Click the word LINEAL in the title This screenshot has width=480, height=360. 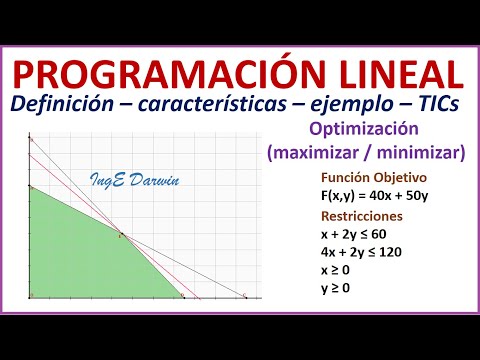point(394,73)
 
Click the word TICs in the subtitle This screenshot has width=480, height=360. point(440,106)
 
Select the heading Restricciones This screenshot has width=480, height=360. point(361,216)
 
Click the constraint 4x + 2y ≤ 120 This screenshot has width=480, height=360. point(363,252)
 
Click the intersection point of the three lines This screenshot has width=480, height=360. point(121,235)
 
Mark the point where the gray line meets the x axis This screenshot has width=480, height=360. point(246,297)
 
